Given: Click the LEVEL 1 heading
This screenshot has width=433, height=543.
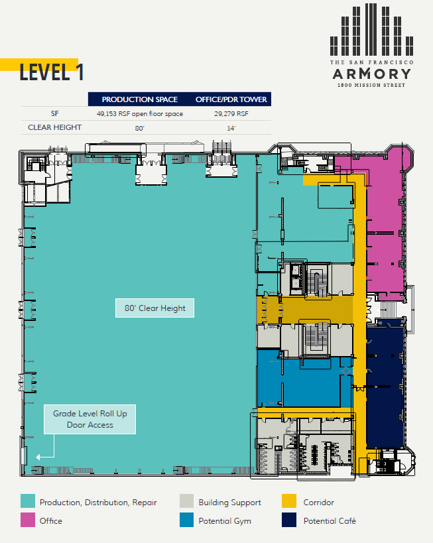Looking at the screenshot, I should (x=52, y=72).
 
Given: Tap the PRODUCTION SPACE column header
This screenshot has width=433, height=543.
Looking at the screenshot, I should (x=140, y=99).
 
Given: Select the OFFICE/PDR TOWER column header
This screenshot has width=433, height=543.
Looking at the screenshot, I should (x=231, y=99).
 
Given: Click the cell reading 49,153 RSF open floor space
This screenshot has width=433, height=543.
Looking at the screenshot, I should (x=140, y=113).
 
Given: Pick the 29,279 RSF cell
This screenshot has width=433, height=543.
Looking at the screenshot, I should (x=231, y=113).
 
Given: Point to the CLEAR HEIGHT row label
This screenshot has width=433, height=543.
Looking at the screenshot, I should (x=54, y=127).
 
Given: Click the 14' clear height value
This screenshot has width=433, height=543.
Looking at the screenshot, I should (x=231, y=128).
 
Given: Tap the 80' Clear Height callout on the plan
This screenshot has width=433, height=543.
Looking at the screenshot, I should (x=155, y=308).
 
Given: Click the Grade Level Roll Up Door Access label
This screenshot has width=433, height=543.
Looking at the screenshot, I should (x=90, y=419).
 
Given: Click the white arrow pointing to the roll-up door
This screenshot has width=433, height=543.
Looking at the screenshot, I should (x=45, y=456).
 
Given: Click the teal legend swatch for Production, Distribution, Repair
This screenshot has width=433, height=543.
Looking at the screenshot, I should (x=28, y=502).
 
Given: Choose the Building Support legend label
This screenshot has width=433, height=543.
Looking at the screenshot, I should (x=229, y=503).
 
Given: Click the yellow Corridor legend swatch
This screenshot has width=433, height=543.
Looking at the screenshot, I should (x=289, y=502).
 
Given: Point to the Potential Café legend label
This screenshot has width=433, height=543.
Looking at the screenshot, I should (x=330, y=521).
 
